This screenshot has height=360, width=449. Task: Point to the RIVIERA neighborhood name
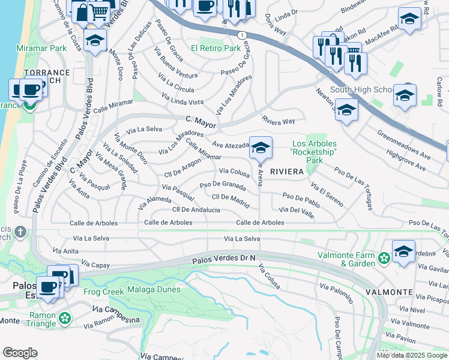[288, 171]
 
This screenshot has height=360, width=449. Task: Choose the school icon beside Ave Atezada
[261, 147]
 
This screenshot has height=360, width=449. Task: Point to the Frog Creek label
[104, 292]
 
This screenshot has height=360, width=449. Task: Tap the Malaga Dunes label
[151, 290]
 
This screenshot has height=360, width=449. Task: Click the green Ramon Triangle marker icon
[65, 316]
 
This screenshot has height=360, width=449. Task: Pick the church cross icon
[20, 232]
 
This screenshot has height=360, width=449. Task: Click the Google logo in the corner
[20, 352]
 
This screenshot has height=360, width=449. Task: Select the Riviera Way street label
[279, 121]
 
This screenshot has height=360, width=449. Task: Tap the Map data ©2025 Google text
[411, 355]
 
